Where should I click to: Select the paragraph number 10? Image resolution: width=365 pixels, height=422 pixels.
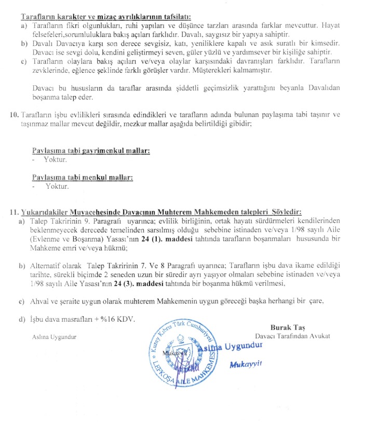pyautogui.click(x=13, y=114)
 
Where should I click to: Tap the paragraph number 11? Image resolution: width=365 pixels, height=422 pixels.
pyautogui.click(x=13, y=212)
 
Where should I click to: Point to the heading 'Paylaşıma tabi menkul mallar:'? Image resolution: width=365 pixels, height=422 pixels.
pyautogui.click(x=83, y=177)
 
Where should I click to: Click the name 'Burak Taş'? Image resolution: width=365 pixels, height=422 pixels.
pyautogui.click(x=289, y=327)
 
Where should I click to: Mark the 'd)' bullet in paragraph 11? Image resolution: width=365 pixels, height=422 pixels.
pyautogui.click(x=22, y=319)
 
